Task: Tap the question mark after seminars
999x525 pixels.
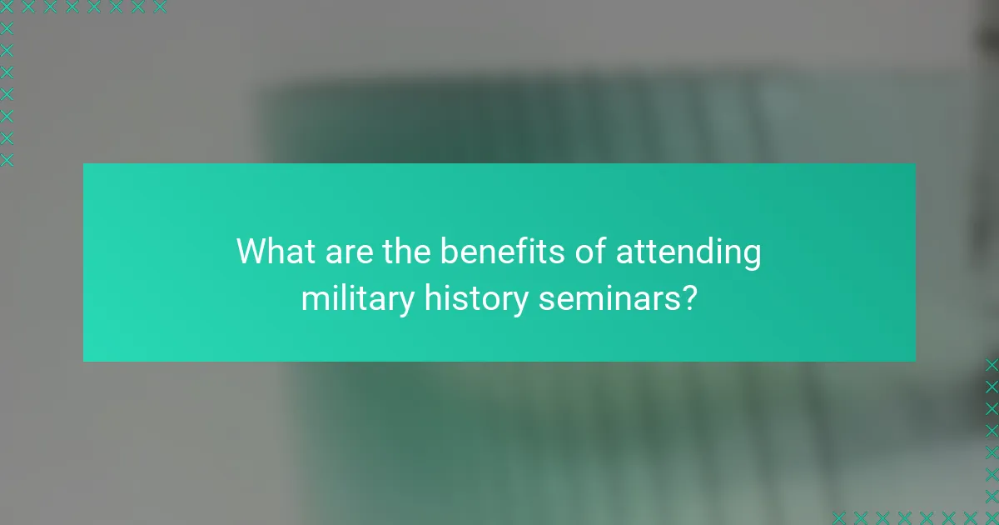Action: pos(689,297)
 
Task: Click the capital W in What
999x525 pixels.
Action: pos(252,252)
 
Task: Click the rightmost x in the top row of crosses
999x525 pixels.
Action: pos(159,7)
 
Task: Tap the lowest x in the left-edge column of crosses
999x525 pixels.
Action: pos(7,159)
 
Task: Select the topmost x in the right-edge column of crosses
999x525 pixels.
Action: pos(992,365)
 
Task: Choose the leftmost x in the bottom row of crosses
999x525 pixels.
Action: pos(839,517)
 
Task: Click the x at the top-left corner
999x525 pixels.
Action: pos(7,7)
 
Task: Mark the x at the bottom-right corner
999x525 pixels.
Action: pos(992,517)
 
